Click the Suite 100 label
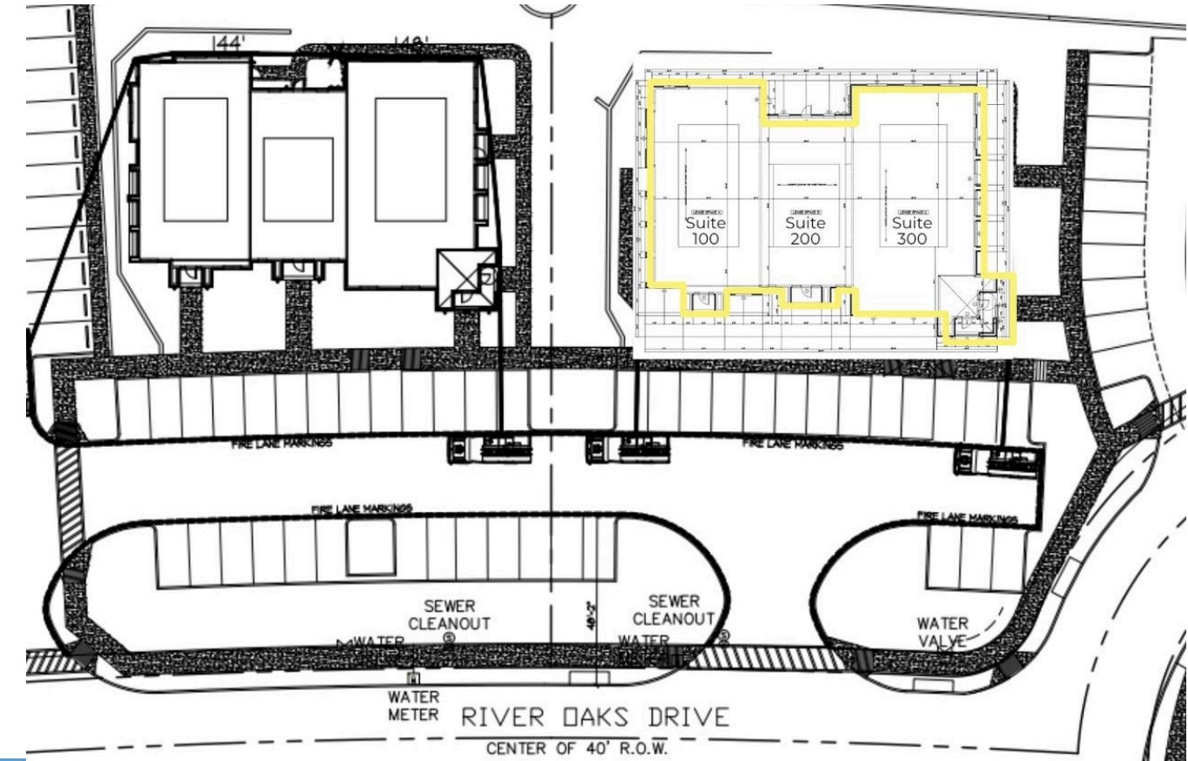[x=705, y=231]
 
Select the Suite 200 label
[x=805, y=231]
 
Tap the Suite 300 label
[x=912, y=231]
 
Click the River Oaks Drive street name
[x=595, y=718]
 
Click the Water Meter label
[x=413, y=705]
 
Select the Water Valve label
[x=942, y=632]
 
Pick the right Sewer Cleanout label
[x=673, y=610]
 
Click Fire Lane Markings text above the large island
[x=362, y=509]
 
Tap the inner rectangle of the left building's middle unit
[x=298, y=180]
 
